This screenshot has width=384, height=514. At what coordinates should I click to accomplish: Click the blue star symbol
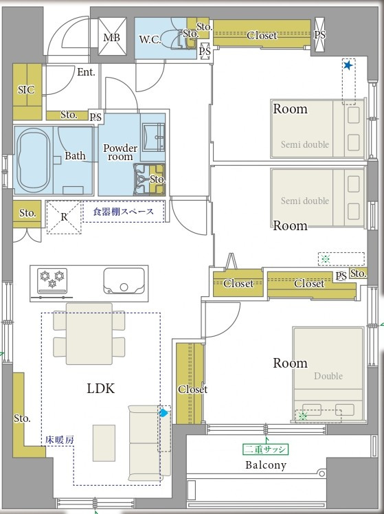(x=348, y=65)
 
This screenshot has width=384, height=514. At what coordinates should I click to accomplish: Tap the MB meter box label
(x=112, y=38)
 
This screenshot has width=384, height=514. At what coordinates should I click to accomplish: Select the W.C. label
(x=150, y=40)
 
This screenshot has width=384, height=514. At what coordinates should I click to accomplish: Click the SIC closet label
(x=26, y=89)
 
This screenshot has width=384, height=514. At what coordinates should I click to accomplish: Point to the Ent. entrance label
(x=86, y=71)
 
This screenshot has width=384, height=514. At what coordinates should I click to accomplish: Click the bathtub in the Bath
(x=34, y=161)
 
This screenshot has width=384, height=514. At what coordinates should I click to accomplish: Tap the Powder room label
(x=120, y=153)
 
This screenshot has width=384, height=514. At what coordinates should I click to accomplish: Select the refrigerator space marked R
(x=64, y=217)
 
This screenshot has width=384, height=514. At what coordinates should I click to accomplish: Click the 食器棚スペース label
(x=123, y=212)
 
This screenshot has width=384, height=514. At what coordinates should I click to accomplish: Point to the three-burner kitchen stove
(x=52, y=280)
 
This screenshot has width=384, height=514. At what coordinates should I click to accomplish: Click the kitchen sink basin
(x=124, y=281)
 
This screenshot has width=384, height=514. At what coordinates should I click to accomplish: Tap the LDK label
(x=100, y=388)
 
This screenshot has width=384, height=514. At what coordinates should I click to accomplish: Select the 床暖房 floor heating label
(x=60, y=440)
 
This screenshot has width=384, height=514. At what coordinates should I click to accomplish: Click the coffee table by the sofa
(x=104, y=443)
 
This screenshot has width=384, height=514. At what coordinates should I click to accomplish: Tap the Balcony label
(x=266, y=465)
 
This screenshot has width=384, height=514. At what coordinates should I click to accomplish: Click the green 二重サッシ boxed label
(x=265, y=449)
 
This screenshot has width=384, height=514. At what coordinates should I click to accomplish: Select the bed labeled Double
(x=328, y=373)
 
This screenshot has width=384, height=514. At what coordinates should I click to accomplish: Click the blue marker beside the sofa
(x=163, y=413)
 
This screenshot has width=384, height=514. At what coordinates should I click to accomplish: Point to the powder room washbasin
(x=153, y=136)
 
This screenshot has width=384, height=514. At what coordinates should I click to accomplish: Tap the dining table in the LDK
(x=89, y=334)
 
